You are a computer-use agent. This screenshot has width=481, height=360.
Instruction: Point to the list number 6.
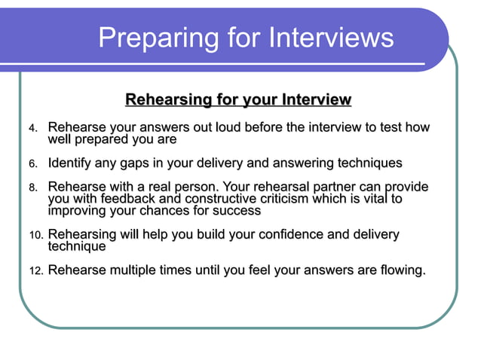(x=33, y=164)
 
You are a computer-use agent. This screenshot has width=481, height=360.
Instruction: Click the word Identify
(x=73, y=163)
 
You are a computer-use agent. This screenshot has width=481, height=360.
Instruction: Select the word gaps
(x=142, y=163)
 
